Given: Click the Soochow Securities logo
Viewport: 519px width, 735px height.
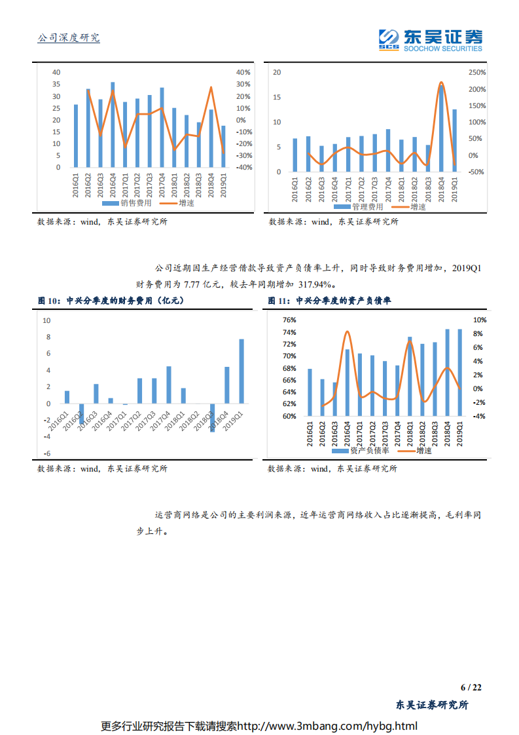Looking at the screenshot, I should tap(430, 39).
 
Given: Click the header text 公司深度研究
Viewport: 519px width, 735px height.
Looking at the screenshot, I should tap(69, 38).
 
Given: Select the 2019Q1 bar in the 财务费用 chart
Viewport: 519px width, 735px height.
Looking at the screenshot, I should tap(242, 371).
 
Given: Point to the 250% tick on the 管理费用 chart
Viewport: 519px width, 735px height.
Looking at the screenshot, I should tap(477, 72).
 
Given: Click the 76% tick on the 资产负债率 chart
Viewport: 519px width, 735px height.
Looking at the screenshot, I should tap(289, 320).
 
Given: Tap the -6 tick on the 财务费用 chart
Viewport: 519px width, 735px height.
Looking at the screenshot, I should tap(46, 453).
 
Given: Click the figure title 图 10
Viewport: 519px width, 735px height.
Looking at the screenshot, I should tap(111, 301).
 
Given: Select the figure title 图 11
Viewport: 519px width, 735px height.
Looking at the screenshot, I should tap(329, 301).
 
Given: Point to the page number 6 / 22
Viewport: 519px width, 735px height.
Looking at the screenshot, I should tap(471, 687).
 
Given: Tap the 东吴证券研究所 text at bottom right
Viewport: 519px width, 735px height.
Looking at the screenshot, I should tap(433, 706).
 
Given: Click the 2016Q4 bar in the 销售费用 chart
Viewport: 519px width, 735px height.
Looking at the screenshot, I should tap(113, 124).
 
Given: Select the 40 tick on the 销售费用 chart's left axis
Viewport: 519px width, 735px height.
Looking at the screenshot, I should tap(56, 72).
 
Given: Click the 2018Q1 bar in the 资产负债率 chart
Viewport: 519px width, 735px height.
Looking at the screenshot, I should tap(410, 377).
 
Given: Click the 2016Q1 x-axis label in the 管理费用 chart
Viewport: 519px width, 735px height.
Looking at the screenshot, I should tap(295, 187).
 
